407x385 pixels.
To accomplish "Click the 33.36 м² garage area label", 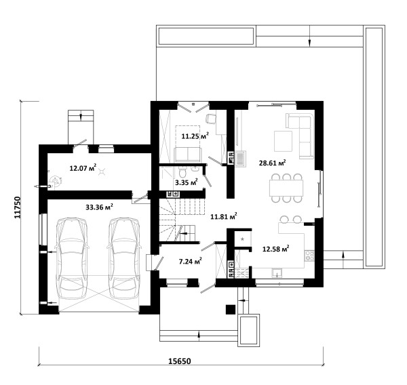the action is (99, 207).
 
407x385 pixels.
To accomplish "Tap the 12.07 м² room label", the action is (83, 168).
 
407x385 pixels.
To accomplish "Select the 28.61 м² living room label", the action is (273, 163).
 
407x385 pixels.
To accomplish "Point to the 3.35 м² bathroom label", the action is (187, 182).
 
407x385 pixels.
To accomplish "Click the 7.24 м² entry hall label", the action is (191, 261).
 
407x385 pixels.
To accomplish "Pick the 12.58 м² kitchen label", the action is (276, 249).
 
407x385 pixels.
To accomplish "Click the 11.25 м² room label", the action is (195, 136).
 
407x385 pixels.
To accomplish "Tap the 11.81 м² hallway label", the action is (224, 216).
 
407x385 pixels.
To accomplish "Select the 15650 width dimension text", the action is (180, 361).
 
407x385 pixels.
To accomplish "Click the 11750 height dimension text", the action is (17, 207).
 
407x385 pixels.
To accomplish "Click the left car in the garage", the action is (72, 258).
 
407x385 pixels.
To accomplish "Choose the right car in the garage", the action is (124, 258).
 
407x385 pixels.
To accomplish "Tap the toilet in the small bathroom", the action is (182, 171).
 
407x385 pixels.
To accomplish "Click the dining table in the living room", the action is (286, 188).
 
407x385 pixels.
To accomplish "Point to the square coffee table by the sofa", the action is (283, 141).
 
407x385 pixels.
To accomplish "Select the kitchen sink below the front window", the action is (277, 272).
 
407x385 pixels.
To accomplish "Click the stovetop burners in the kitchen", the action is (309, 256).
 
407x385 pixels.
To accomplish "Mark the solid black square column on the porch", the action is (231, 310).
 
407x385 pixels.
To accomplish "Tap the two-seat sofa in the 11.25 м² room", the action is (188, 155).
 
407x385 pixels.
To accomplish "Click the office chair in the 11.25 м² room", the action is (211, 119).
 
